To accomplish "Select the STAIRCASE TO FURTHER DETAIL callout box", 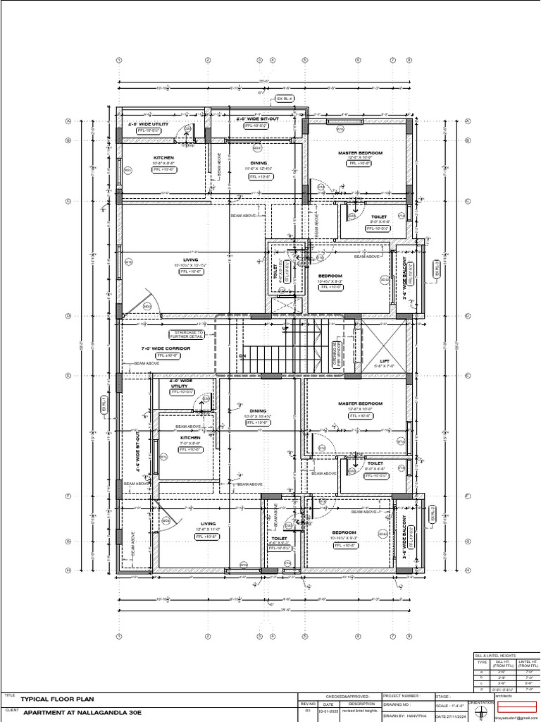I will pyautogui.click(x=187, y=334).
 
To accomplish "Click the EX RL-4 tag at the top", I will pyautogui.click(x=285, y=99).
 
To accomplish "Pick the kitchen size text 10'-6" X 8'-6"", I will pyautogui.click(x=163, y=163).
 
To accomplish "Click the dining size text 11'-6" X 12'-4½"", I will pyautogui.click(x=259, y=169).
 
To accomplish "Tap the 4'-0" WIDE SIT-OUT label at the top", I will pyautogui.click(x=257, y=119).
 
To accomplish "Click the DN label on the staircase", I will pyautogui.click(x=242, y=356).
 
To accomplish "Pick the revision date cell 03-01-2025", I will pyautogui.click(x=328, y=711).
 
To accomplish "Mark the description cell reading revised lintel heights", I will pyautogui.click(x=361, y=711).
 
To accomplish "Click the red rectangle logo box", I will pyautogui.click(x=517, y=706).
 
